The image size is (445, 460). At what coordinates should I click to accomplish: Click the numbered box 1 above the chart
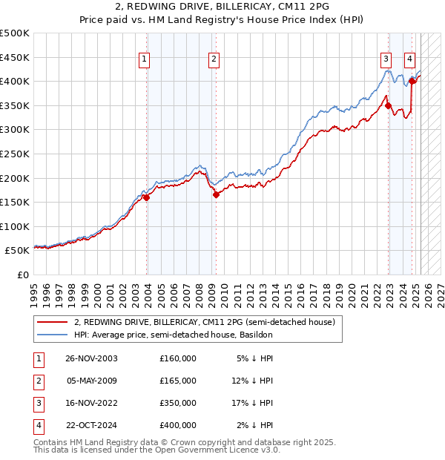(x=144, y=61)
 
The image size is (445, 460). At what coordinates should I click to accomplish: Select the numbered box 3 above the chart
(x=386, y=61)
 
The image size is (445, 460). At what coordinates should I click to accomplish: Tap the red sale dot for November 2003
(x=147, y=197)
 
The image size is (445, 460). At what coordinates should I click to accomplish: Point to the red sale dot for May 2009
(x=216, y=195)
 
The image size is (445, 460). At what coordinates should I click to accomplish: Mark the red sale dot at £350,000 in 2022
(x=389, y=106)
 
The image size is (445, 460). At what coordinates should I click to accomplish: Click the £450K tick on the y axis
(x=15, y=57)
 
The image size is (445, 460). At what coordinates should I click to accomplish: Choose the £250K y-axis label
(x=15, y=154)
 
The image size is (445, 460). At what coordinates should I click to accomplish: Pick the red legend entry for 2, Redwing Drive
(x=205, y=323)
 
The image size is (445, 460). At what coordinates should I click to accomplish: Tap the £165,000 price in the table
(x=178, y=381)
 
